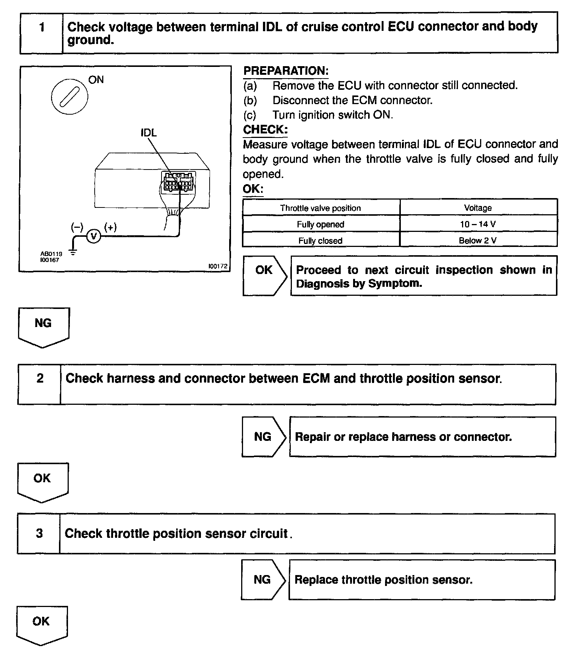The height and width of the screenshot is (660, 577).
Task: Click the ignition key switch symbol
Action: pyautogui.click(x=69, y=97)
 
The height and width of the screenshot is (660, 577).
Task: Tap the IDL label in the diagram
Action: pyautogui.click(x=149, y=133)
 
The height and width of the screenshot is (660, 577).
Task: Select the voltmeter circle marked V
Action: pyautogui.click(x=94, y=236)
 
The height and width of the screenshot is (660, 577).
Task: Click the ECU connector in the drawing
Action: pyautogui.click(x=178, y=182)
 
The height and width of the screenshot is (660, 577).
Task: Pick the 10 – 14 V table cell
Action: pyautogui.click(x=478, y=224)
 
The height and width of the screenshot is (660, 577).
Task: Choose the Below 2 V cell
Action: pyautogui.click(x=478, y=241)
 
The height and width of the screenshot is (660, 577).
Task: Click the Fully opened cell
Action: pyautogui.click(x=320, y=224)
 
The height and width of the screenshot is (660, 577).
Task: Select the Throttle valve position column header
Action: pyautogui.click(x=320, y=208)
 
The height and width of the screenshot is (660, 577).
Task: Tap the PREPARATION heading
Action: pyautogui.click(x=286, y=71)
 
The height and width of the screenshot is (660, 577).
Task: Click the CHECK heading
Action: pyautogui.click(x=265, y=130)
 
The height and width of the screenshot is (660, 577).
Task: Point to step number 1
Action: pyautogui.click(x=42, y=27)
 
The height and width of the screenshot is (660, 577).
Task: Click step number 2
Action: pyautogui.click(x=40, y=378)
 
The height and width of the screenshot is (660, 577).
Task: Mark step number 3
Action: pyautogui.click(x=39, y=533)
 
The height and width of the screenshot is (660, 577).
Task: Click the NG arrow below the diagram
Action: pyautogui.click(x=43, y=326)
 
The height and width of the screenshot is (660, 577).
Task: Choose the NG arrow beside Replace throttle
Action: pyautogui.click(x=263, y=580)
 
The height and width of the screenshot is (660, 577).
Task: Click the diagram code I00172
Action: pyautogui.click(x=218, y=266)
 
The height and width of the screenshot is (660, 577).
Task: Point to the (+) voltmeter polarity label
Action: pyautogui.click(x=110, y=227)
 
